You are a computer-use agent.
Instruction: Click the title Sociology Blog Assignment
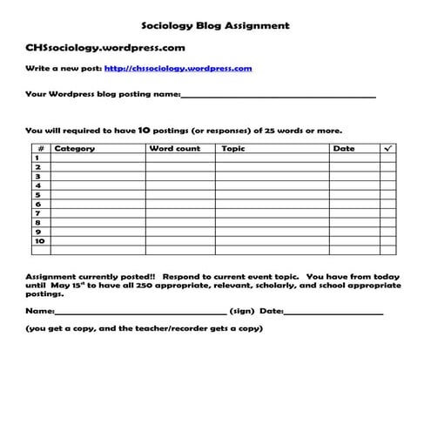[215, 26]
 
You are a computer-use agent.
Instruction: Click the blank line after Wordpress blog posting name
[279, 95]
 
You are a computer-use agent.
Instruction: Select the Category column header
[75, 149]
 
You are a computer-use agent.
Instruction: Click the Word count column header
[174, 149]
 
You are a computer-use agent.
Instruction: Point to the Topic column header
[233, 149]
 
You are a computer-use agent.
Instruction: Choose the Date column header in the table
[343, 149]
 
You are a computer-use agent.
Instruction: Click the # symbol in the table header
[39, 149]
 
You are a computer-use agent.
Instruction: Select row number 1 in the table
[38, 158]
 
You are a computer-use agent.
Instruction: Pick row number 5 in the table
[38, 195]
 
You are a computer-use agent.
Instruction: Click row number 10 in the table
[39, 241]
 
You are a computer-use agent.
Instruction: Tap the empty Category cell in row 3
[97, 177]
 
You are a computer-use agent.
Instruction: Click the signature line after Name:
[139, 312]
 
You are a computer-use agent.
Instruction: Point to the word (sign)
[242, 311]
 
